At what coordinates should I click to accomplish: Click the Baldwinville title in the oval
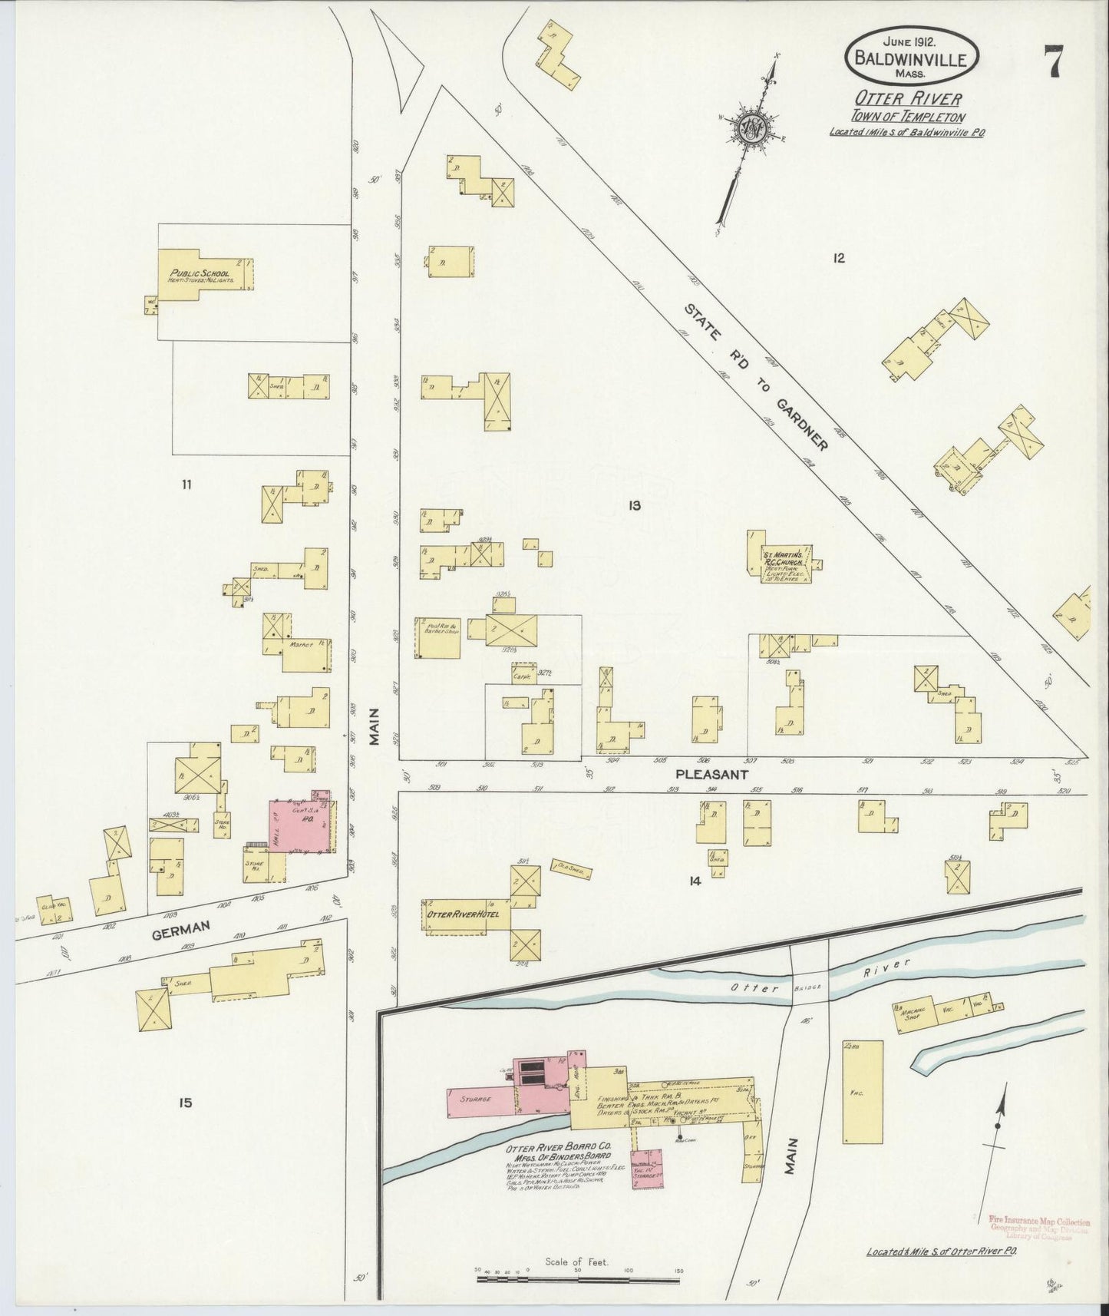point(911,59)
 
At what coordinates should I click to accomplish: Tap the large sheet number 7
point(1053,61)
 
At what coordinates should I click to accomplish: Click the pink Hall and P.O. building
point(302,826)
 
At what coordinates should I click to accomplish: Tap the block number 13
point(634,505)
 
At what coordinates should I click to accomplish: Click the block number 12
point(837,258)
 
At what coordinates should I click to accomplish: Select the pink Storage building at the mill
point(476,1099)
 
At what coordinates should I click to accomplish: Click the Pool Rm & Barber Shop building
point(437,637)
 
